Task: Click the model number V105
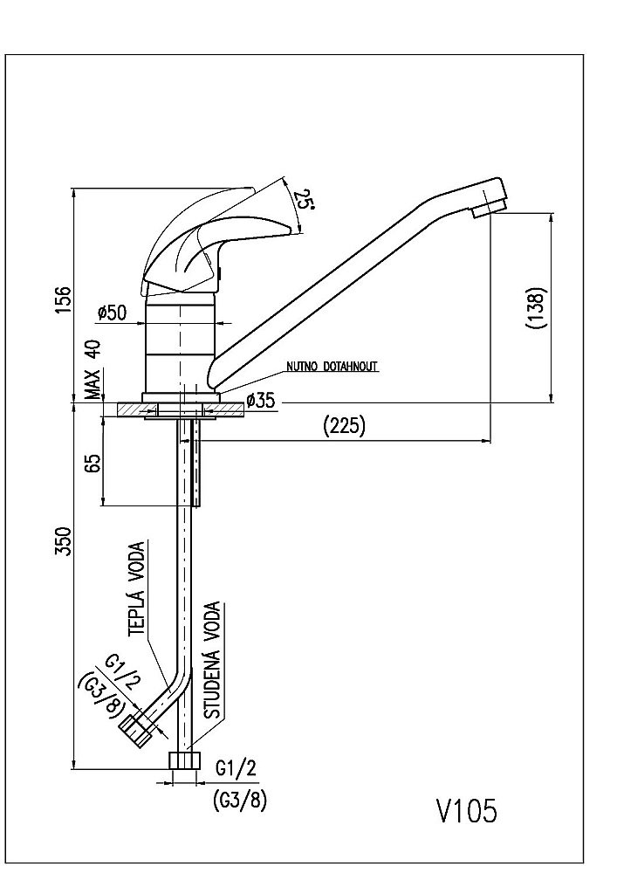point(467,811)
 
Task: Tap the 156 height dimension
point(65,301)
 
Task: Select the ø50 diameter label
point(113,313)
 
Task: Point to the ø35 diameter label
point(262,401)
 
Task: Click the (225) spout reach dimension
point(344,427)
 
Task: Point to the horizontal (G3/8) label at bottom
point(239,800)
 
